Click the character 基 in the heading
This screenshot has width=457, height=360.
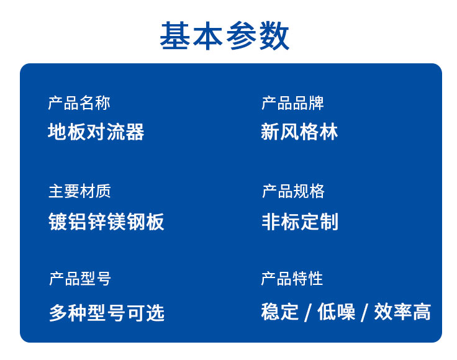(176, 35)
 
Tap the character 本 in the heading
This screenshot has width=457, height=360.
(208, 35)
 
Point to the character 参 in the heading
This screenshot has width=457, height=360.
(241, 35)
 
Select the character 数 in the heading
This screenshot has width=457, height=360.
(274, 35)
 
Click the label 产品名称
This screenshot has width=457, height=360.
(79, 103)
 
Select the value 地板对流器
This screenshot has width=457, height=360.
(96, 132)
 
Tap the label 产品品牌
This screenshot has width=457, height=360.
(292, 103)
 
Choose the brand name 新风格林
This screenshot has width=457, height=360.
(299, 132)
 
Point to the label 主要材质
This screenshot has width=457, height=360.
(79, 191)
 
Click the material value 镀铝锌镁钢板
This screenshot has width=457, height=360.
(106, 222)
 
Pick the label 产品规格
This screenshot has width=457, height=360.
(293, 191)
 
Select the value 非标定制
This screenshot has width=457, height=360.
(300, 222)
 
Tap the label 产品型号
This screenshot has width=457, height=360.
(80, 279)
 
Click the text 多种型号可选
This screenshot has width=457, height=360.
(107, 313)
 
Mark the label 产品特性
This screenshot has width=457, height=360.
(292, 279)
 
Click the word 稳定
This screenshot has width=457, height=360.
(280, 312)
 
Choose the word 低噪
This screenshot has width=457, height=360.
(337, 312)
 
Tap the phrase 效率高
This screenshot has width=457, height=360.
(402, 312)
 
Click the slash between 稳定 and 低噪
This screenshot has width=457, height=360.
(308, 313)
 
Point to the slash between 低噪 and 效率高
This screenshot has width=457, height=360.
(364, 313)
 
